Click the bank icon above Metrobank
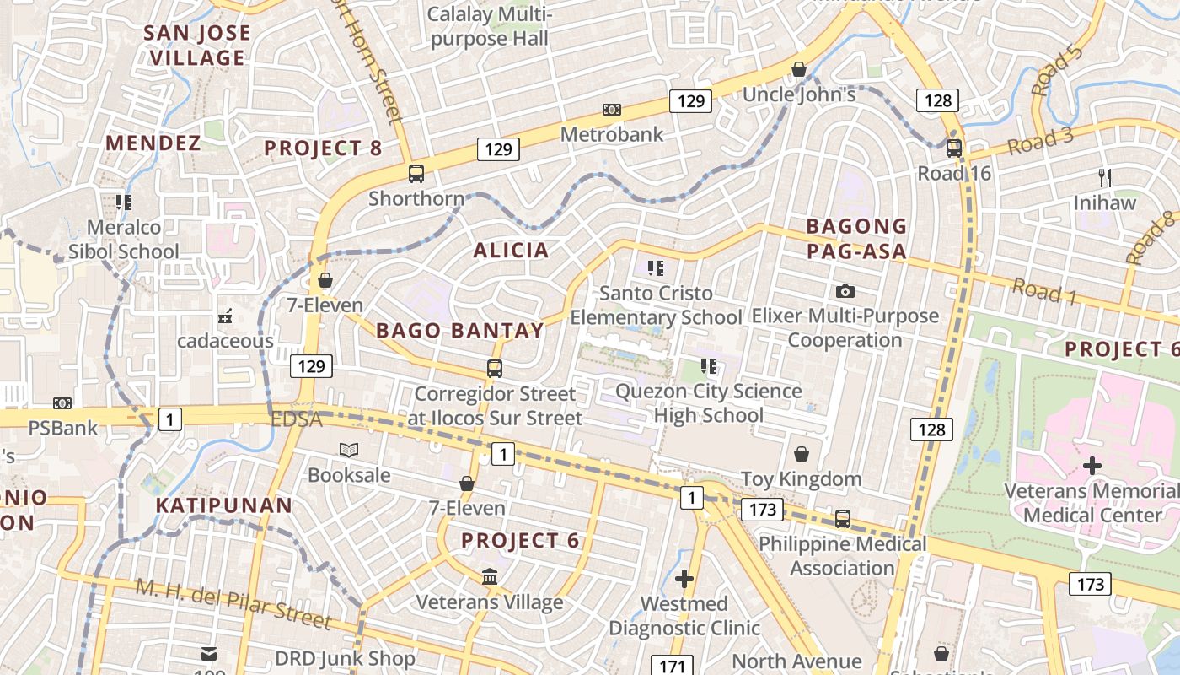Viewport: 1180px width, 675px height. click(612, 110)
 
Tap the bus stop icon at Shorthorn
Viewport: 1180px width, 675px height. click(416, 174)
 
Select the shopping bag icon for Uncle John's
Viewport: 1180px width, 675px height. click(799, 69)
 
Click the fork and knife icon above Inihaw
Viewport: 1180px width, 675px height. click(1105, 177)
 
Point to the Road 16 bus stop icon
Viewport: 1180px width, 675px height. click(953, 148)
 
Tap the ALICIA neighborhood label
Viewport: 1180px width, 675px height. click(511, 250)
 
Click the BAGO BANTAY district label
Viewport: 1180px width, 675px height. click(460, 331)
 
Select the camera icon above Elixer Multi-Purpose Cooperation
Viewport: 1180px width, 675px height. click(845, 292)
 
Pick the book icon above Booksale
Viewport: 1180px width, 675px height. click(348, 450)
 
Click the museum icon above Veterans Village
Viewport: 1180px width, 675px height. click(490, 577)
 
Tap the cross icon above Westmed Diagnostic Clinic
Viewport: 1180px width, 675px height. click(684, 579)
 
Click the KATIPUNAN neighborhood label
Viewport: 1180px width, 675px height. click(224, 505)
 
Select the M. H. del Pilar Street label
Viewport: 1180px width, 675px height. click(233, 603)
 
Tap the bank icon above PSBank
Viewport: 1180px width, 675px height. click(62, 403)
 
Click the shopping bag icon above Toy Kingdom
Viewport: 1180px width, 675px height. click(802, 454)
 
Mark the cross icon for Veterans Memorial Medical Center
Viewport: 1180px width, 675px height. click(1092, 466)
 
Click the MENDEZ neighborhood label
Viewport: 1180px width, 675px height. click(153, 143)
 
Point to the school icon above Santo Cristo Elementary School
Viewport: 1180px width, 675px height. click(656, 268)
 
